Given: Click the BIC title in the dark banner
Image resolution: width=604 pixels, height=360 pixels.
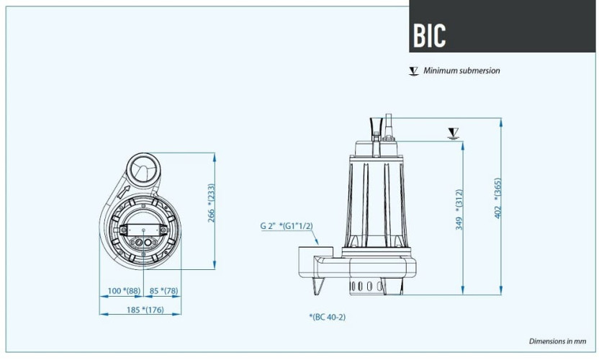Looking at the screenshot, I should pyautogui.click(x=430, y=35).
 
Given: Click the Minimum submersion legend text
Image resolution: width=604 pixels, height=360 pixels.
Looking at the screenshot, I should pyautogui.click(x=461, y=71).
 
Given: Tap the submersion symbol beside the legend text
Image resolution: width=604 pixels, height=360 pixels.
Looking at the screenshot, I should pyautogui.click(x=413, y=71).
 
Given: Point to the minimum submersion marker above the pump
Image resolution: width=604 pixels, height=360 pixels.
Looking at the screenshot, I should pyautogui.click(x=453, y=132).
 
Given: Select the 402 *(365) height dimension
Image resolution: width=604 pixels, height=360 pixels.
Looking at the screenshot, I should pyautogui.click(x=497, y=198).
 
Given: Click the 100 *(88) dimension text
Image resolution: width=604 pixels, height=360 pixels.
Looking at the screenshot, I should pyautogui.click(x=123, y=292).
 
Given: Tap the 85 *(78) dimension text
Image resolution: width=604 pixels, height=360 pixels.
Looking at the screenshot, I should pyautogui.click(x=165, y=292).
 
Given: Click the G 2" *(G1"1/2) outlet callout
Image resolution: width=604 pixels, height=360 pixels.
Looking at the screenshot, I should pyautogui.click(x=287, y=225).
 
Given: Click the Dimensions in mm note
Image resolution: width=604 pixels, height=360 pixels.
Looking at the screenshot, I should pyautogui.click(x=559, y=341).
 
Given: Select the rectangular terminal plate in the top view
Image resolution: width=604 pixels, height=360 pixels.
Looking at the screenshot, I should pyautogui.click(x=143, y=230).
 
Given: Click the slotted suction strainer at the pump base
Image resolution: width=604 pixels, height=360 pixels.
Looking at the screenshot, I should pyautogui.click(x=366, y=287).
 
